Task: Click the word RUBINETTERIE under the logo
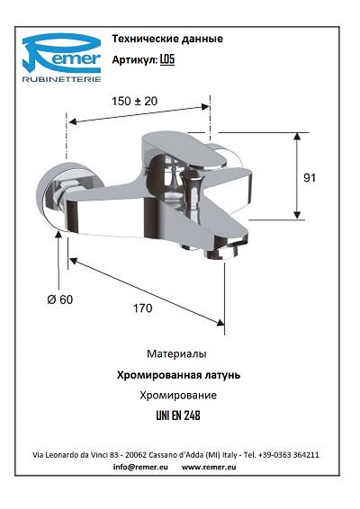pyautogui.click(x=61, y=79)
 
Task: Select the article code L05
pyautogui.click(x=167, y=59)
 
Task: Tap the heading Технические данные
pyautogui.click(x=167, y=39)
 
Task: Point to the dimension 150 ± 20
pyautogui.click(x=134, y=102)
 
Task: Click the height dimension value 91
pyautogui.click(x=310, y=177)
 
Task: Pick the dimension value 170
pyautogui.click(x=142, y=308)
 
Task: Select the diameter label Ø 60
pyautogui.click(x=60, y=299)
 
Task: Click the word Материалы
pyautogui.click(x=176, y=353)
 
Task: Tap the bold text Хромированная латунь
pyautogui.click(x=178, y=375)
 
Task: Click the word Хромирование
pyautogui.click(x=178, y=396)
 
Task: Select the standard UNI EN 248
pyautogui.click(x=178, y=415)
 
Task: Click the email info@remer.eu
pyautogui.click(x=140, y=467)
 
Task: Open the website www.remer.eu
pyautogui.click(x=209, y=467)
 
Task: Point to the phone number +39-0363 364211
pyautogui.click(x=289, y=455)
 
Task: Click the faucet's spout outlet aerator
pyautogui.click(x=223, y=251)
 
